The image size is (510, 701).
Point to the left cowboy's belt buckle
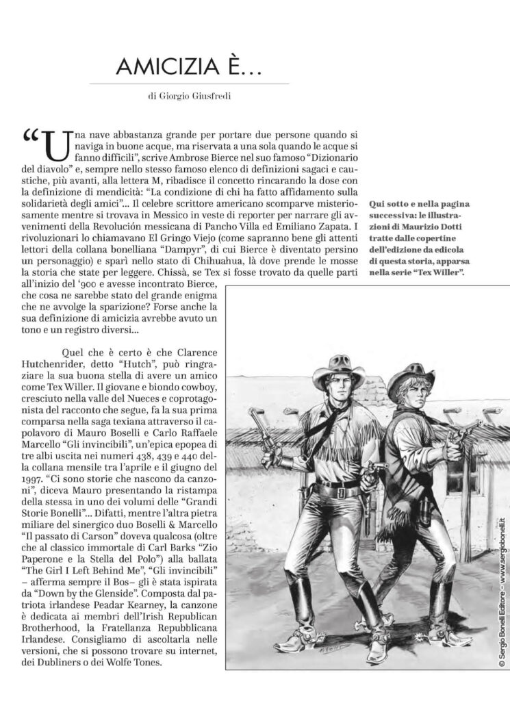click(335, 491)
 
